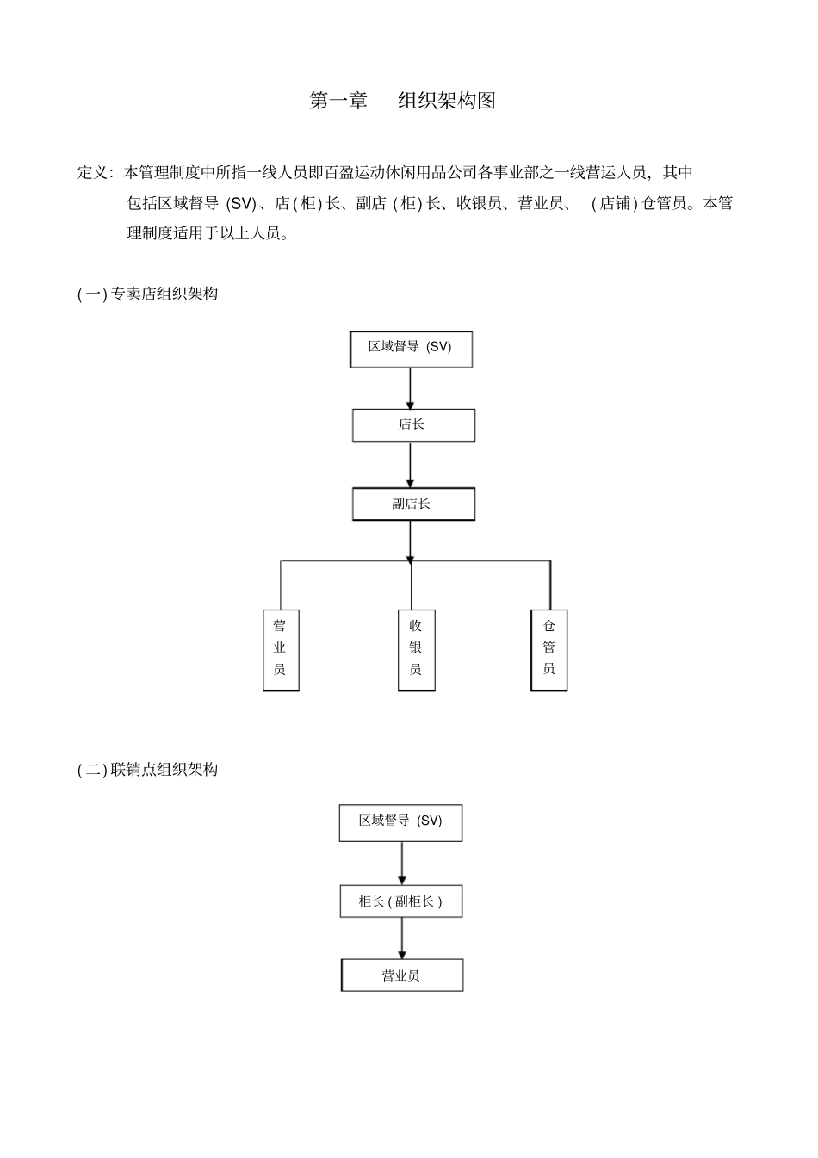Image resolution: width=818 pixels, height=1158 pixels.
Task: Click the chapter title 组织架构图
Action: (x=447, y=101)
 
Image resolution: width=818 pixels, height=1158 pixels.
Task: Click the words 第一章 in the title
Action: (x=338, y=101)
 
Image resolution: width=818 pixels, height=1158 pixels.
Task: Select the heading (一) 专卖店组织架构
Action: (x=147, y=294)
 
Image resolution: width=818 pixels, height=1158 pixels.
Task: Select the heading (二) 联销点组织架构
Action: (x=147, y=770)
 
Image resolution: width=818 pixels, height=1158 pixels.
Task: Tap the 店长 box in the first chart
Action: (x=413, y=425)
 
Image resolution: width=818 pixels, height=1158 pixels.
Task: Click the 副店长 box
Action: (x=413, y=504)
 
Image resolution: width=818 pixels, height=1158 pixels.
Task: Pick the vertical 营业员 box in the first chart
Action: (x=281, y=650)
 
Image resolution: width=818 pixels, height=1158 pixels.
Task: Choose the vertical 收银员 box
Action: (x=416, y=650)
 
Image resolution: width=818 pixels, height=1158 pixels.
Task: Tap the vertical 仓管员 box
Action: (x=549, y=650)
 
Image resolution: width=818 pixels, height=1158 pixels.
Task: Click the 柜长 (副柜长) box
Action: (x=401, y=901)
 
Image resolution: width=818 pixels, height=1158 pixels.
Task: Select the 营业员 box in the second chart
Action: (x=402, y=975)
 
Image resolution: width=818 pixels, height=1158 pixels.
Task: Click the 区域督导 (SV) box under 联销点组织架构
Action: (x=400, y=823)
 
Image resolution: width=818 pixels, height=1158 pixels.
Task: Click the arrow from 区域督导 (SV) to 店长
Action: (x=410, y=388)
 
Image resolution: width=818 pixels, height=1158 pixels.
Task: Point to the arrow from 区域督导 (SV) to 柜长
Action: (x=402, y=863)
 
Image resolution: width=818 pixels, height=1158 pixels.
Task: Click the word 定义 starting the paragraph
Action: (x=92, y=172)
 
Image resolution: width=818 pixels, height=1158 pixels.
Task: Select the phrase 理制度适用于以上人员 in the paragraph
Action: (x=206, y=232)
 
